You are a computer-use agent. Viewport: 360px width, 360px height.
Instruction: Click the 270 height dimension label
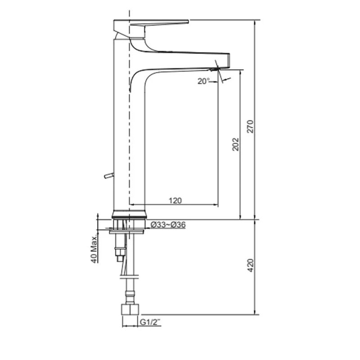pos(250,126)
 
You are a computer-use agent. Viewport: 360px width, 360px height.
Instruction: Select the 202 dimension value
pos(235,144)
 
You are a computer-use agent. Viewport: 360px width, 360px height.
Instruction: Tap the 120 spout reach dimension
pos(175,201)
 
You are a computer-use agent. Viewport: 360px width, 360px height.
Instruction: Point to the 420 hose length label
pos(251,265)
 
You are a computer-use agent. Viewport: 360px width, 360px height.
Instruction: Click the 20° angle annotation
pos(204,81)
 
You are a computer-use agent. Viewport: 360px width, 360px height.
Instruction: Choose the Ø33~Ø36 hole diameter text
pos(168,225)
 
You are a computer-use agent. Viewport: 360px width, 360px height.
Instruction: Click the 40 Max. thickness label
pos(94,249)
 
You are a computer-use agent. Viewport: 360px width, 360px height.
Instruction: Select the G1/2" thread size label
pos(150,322)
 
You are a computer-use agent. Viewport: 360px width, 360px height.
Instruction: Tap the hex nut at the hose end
pos(130,310)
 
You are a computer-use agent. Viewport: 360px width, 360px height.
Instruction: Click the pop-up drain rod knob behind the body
pos(108,175)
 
